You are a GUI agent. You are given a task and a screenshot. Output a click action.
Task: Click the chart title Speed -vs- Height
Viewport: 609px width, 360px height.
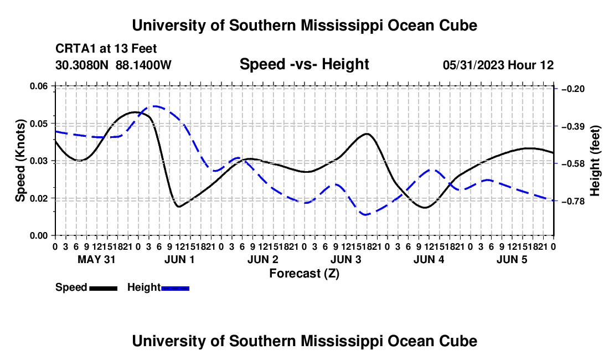coord(304,64)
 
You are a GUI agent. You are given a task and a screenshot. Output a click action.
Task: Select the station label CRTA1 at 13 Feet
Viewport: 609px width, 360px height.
coord(106,49)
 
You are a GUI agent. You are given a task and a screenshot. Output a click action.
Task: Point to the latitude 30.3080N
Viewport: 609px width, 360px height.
coord(82,65)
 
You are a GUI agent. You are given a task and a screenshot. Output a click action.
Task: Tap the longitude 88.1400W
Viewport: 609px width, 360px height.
coord(143,65)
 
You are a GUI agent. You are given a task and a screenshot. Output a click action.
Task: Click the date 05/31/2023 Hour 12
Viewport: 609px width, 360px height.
coord(498,65)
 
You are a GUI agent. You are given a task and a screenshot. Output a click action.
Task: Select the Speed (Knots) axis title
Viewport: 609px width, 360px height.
coord(20,161)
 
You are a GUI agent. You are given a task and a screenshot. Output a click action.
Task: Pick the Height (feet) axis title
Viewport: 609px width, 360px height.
coord(595,161)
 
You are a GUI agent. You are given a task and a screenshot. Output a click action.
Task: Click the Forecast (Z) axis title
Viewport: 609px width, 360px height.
coord(304,274)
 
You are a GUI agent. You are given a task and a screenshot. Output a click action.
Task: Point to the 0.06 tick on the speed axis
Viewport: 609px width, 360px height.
coord(39,86)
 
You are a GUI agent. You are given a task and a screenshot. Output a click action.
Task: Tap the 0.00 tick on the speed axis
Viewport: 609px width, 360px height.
coord(39,236)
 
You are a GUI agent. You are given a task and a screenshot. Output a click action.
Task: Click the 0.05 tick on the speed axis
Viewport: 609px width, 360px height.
coord(39,124)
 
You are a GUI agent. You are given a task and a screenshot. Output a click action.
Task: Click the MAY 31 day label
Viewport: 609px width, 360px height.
coord(96,259)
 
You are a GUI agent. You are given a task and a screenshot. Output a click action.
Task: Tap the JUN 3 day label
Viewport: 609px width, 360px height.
coord(345,259)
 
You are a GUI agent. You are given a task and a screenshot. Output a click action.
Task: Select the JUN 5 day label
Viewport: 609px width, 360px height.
coord(512,259)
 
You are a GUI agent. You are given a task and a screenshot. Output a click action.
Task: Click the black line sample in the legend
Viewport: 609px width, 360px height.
coord(104,288)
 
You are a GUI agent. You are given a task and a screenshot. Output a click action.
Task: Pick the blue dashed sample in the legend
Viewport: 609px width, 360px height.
coord(175,288)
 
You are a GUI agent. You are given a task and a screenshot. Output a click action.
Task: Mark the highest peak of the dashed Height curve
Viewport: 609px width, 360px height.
coord(154,106)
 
